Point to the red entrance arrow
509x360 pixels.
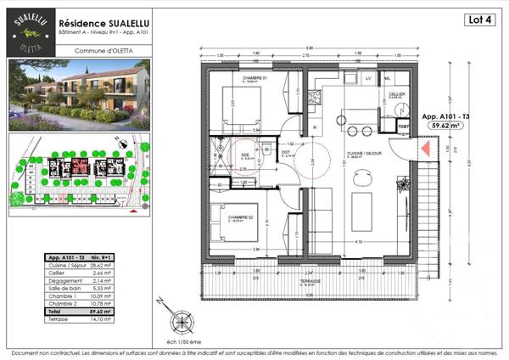point(422,151)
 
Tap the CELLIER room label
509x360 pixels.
point(396,94)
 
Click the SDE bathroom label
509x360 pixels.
point(246,155)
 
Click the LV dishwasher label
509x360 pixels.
point(368,78)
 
